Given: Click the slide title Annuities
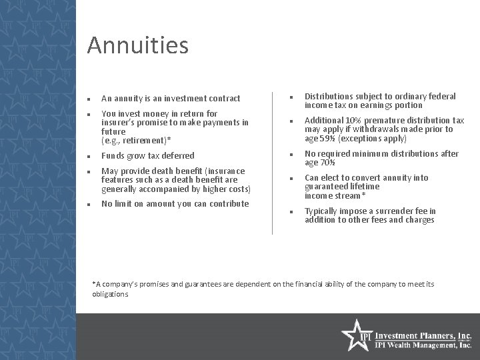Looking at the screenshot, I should coord(138,46).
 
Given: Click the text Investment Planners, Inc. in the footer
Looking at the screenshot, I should coord(424,335).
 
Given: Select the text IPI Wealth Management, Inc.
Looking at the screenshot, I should coord(424,345).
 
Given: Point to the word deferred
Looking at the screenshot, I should coord(175,156).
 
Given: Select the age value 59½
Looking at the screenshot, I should coord(329,139).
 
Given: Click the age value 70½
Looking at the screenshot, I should coord(329,163).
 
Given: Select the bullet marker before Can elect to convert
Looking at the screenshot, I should coord(291,178).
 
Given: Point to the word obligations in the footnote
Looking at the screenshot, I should coord(110,294).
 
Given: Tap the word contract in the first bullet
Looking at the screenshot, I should coord(223,99).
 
